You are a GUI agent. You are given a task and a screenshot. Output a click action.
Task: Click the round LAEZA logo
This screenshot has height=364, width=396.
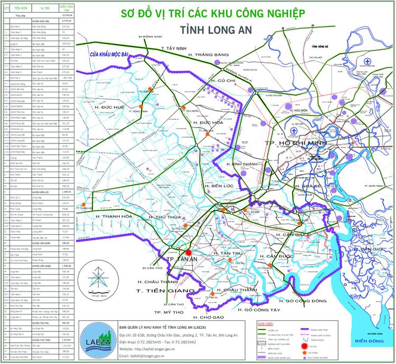click(93, 341)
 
